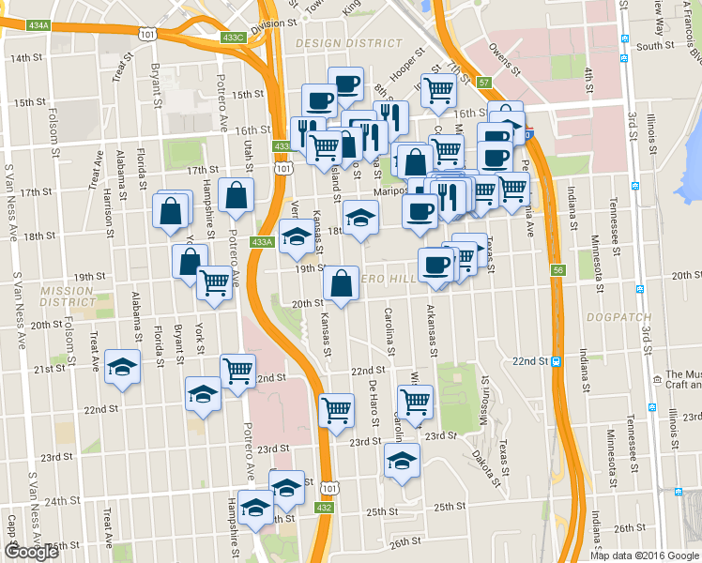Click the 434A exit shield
[x=38, y=25]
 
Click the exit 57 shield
[x=483, y=83]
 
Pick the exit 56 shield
[x=558, y=270]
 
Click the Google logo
[x=31, y=552]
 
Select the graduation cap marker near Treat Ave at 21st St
[x=121, y=366]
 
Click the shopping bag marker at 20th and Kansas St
[x=340, y=283]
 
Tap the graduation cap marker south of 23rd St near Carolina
[x=402, y=460]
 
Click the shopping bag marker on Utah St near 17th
[x=236, y=195]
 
